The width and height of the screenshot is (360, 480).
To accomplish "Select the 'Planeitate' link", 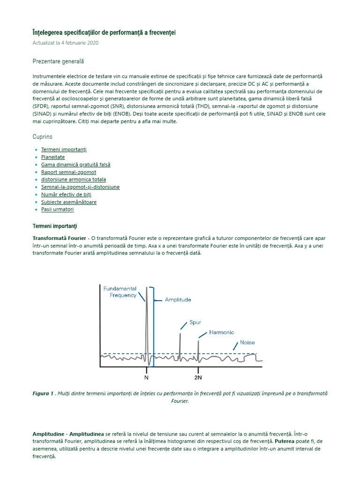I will [53, 157].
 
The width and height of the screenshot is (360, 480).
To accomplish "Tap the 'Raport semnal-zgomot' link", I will [68, 172].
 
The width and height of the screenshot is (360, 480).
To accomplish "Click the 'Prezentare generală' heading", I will [58, 61].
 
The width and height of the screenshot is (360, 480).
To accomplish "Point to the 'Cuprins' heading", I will [43, 137].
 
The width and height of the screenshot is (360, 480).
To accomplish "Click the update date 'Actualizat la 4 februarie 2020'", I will [65, 43].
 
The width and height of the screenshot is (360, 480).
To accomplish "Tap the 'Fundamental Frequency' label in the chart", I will [120, 292].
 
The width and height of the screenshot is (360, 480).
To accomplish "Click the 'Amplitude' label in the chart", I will [178, 300].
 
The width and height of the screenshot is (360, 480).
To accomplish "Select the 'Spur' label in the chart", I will [195, 322].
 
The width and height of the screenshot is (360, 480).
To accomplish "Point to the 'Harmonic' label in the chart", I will [221, 332].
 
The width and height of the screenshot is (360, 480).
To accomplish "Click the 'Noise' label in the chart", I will [247, 343].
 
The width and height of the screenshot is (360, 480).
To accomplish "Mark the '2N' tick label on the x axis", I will [198, 377].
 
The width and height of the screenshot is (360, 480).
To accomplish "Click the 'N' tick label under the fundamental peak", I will [146, 377].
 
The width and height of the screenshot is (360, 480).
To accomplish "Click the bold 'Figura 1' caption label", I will [43, 393].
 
